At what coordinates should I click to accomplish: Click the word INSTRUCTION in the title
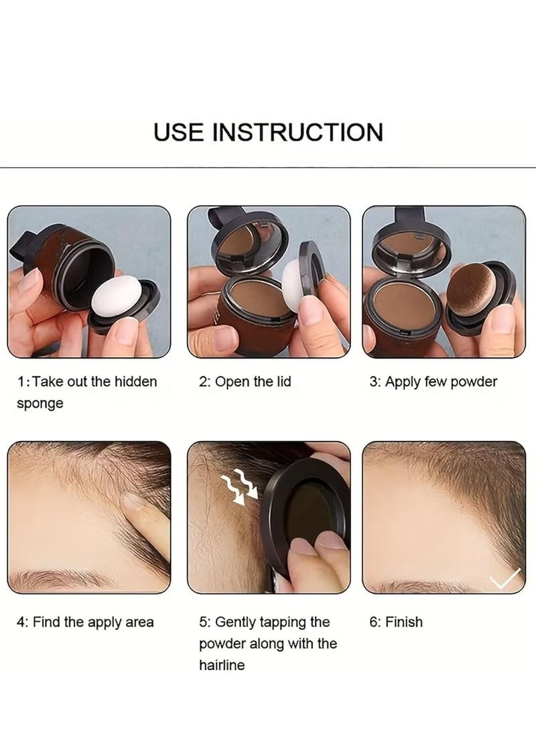tap(298, 132)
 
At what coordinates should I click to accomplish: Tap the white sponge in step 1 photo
tap(121, 303)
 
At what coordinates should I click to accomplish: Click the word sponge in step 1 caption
tap(40, 403)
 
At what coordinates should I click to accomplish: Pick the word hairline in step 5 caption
tap(222, 665)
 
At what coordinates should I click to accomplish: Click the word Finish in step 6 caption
tap(404, 622)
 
